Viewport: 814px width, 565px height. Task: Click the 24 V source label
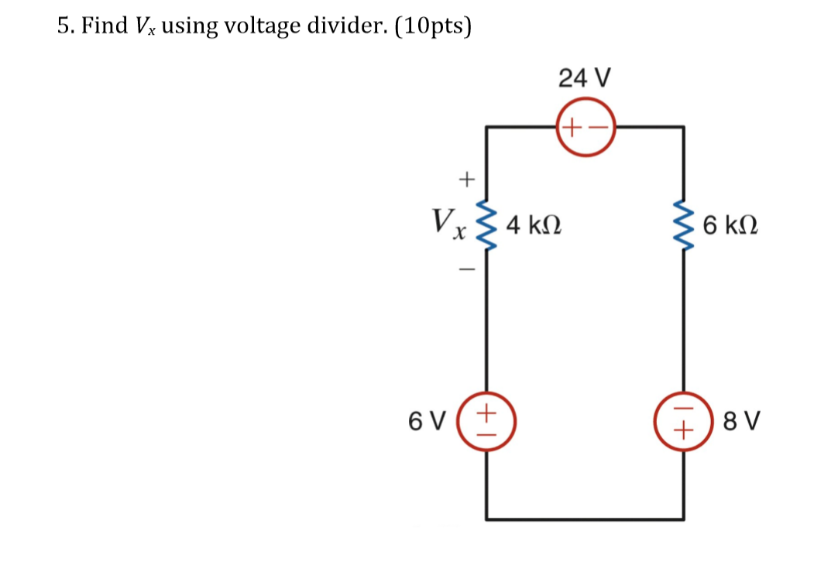[x=585, y=77]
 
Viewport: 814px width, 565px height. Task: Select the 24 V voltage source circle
[x=585, y=126]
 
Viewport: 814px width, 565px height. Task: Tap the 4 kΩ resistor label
[x=534, y=226]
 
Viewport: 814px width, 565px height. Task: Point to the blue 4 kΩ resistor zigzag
[x=486, y=225]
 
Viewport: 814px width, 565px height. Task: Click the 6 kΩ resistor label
[x=730, y=226]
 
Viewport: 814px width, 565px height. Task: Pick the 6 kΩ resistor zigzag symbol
[x=683, y=225]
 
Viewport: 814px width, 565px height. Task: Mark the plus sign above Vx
[x=465, y=180]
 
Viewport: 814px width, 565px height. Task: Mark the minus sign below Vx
[x=465, y=270]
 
